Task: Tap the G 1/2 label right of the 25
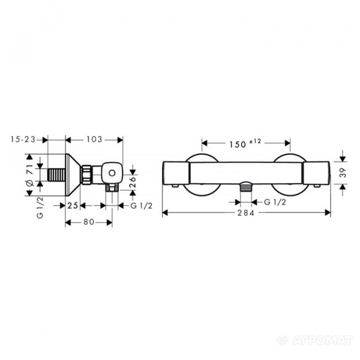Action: tap(142, 206)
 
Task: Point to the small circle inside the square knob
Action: tap(111, 175)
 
